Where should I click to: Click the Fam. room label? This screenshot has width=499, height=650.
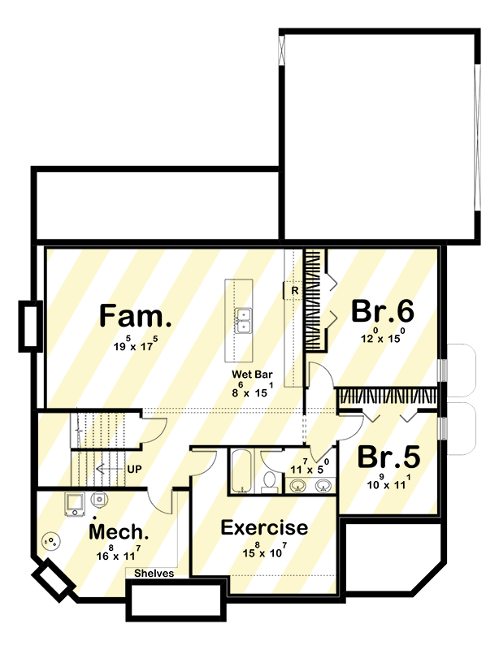tap(136, 315)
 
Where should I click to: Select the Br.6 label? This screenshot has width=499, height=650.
tap(383, 312)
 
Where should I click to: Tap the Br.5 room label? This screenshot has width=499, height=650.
tap(388, 457)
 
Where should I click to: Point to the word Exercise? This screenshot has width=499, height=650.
tap(264, 528)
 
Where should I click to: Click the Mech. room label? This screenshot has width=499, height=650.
tap(119, 532)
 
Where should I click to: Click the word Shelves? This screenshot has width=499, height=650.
tap(154, 573)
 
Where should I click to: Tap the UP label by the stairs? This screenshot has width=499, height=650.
tap(134, 470)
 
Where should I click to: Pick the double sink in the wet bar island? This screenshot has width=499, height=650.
tap(243, 320)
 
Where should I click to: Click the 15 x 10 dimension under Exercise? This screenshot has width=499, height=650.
tap(264, 553)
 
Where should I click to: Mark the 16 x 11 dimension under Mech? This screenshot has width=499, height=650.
tap(119, 555)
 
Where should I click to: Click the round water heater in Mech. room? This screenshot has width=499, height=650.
tap(53, 539)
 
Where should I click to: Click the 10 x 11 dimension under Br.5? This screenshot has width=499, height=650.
tap(388, 484)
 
